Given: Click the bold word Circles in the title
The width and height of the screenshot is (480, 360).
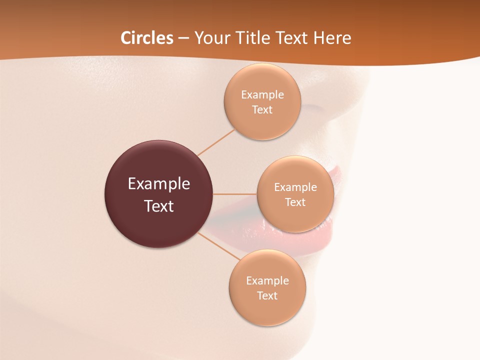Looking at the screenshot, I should tap(147, 38).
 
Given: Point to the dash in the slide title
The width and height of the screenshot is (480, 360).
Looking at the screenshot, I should tap(183, 38).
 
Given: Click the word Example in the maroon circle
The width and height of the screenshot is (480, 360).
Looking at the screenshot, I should tap(158, 184).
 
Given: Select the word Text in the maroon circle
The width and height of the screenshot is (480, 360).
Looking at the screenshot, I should tap(158, 206).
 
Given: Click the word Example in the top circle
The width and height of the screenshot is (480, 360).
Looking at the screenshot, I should tap(262, 95).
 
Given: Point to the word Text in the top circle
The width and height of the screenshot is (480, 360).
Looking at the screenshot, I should tap(262, 110).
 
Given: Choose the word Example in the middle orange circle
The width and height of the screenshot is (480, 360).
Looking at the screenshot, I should tap(295, 187).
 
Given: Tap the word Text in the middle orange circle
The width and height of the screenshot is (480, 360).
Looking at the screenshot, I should tap(295, 202).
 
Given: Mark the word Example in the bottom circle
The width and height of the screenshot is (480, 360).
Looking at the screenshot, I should tap(267, 281).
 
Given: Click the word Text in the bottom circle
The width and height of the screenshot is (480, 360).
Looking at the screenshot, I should tap(267, 296).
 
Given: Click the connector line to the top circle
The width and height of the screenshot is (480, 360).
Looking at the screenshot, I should tap(216, 142).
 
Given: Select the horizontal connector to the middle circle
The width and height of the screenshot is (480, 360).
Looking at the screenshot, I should tap(235, 194).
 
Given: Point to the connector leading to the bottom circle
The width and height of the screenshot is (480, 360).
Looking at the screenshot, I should tap(219, 246).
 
